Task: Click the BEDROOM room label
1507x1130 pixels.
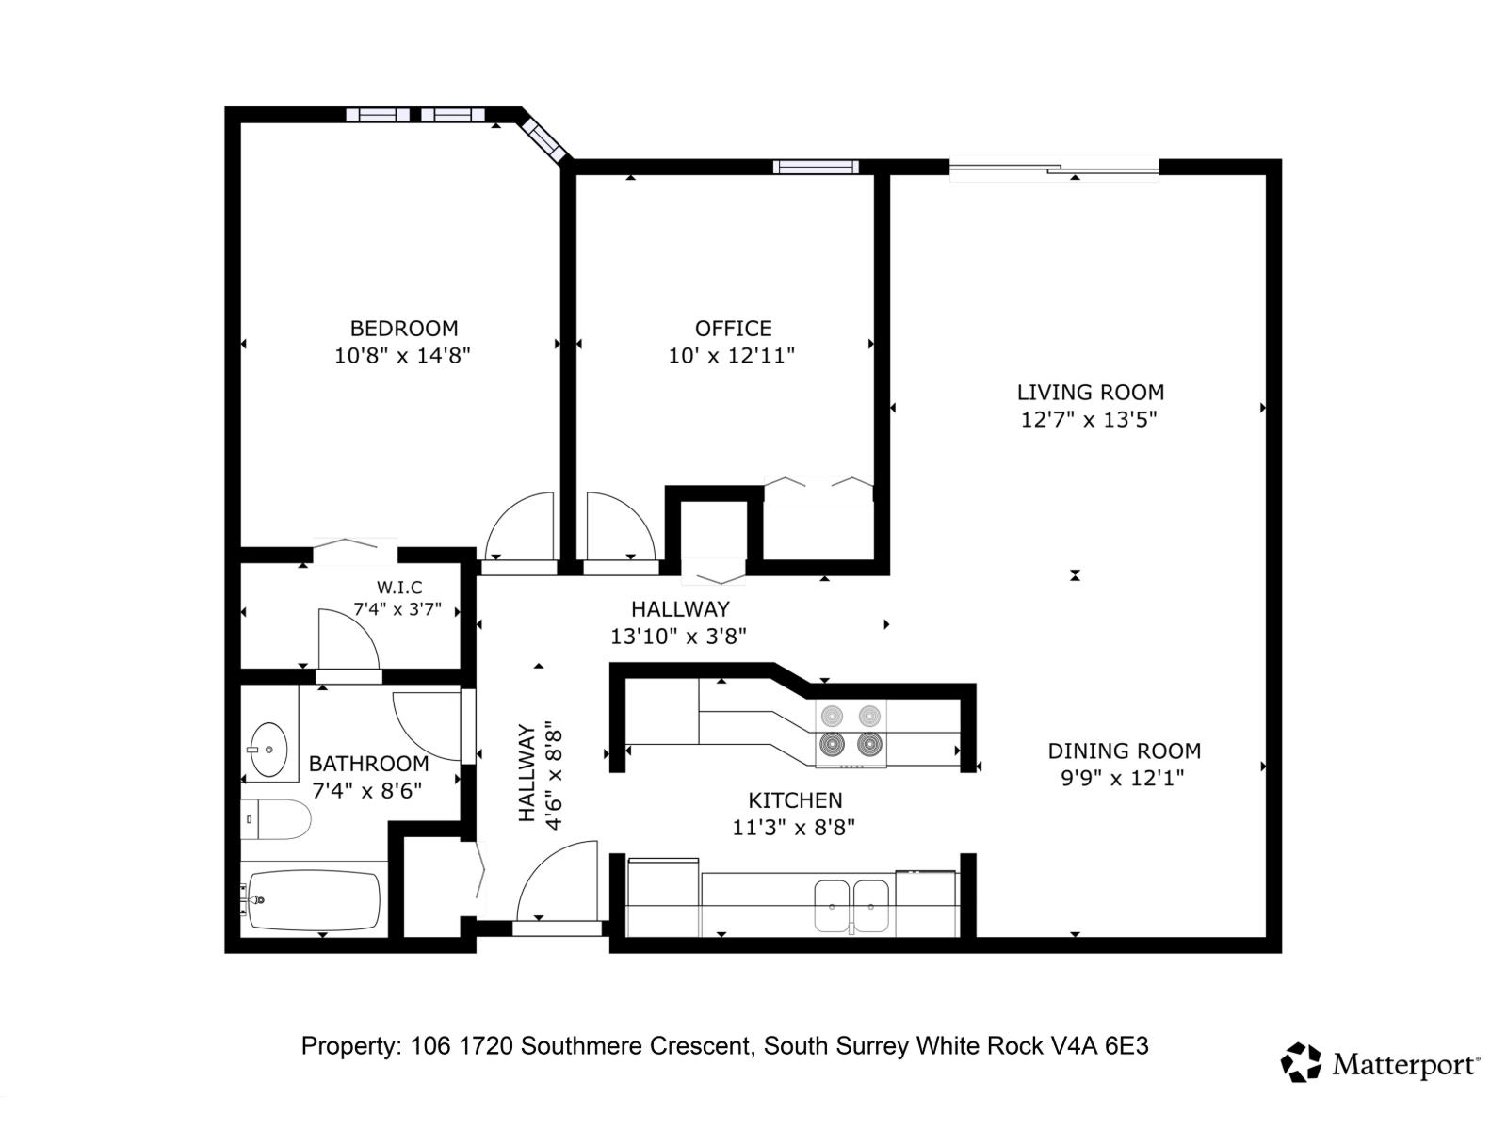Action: pyautogui.click(x=404, y=329)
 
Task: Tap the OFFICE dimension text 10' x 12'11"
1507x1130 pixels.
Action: pyautogui.click(x=732, y=356)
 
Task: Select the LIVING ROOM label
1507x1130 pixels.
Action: pyautogui.click(x=1090, y=392)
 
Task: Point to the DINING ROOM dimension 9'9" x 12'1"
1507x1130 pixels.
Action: pyautogui.click(x=1122, y=779)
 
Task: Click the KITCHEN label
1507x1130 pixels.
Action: pyautogui.click(x=795, y=800)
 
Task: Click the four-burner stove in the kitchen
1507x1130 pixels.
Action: pyautogui.click(x=851, y=731)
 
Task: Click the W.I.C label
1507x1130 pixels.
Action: pyautogui.click(x=399, y=588)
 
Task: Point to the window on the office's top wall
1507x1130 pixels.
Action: pyautogui.click(x=816, y=167)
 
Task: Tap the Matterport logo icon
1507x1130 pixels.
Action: pyautogui.click(x=1301, y=1062)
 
